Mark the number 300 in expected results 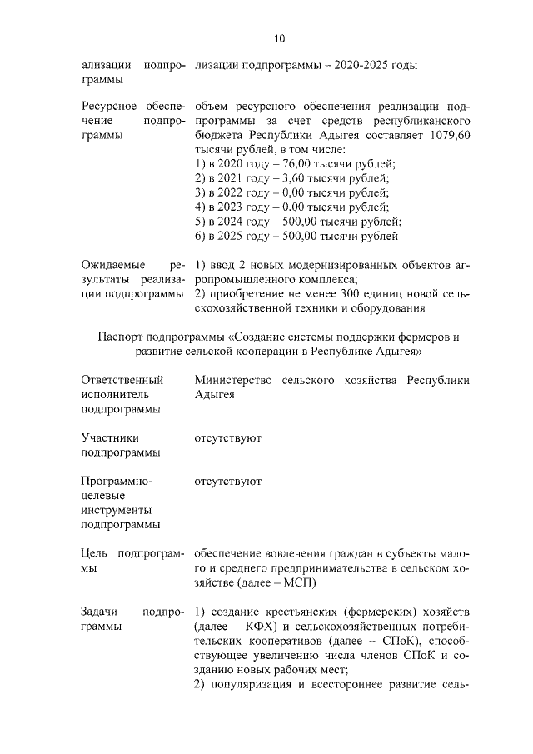[x=341, y=293]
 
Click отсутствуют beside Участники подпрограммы [x=227, y=437]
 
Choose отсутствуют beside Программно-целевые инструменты [x=227, y=482]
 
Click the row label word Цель [x=94, y=553]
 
